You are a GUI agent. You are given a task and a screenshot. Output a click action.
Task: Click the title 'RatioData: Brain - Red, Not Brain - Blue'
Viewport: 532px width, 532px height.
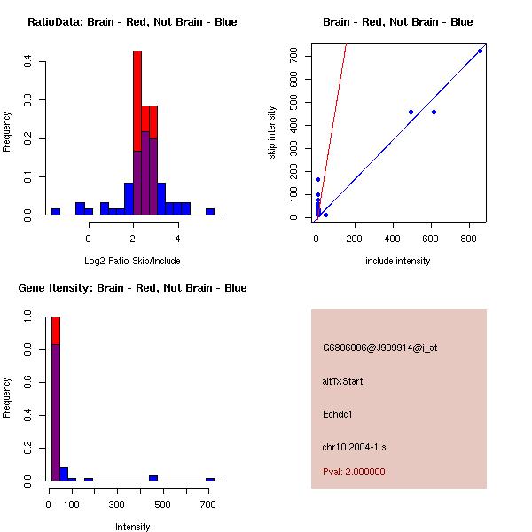tap(132, 21)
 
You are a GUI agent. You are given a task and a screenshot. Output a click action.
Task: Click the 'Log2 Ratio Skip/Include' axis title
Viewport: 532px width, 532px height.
tap(132, 261)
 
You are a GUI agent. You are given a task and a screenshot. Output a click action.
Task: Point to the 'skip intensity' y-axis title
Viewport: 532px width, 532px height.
tap(272, 133)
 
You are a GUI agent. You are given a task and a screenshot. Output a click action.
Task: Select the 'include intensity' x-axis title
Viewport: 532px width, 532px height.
tap(397, 261)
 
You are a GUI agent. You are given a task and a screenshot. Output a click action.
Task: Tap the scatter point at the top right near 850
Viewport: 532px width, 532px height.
tap(480, 51)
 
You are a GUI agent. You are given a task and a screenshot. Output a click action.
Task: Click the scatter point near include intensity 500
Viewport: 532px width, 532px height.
tap(411, 112)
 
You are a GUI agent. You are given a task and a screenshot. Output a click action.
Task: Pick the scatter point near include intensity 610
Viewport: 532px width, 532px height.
tap(434, 112)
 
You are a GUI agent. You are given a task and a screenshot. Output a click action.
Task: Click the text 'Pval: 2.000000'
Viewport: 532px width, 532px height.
tap(354, 472)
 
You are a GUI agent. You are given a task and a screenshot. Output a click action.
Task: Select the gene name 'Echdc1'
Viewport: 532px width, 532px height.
tap(338, 414)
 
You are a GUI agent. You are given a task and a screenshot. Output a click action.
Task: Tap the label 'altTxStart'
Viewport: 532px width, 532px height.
tap(343, 381)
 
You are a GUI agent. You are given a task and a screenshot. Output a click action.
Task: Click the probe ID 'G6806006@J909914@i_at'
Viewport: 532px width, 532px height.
tap(379, 348)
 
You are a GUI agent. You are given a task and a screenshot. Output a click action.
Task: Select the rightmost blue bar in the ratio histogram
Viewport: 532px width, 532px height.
tap(210, 211)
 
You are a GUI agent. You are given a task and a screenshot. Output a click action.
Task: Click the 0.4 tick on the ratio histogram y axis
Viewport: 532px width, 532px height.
tap(29, 61)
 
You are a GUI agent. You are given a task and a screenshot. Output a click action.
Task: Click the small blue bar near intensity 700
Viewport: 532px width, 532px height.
tap(210, 479)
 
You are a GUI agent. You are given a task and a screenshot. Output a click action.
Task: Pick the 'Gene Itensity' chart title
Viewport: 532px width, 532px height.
tap(132, 288)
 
